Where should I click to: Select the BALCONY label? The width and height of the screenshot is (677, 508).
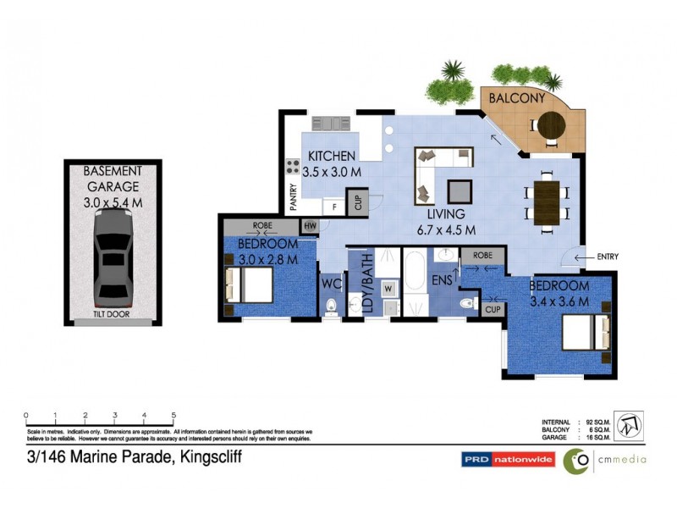tap(514, 98)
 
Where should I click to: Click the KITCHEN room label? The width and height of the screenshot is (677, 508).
tap(332, 157)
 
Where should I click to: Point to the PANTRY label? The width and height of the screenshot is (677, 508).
tap(294, 197)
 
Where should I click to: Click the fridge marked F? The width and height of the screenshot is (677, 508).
tap(334, 205)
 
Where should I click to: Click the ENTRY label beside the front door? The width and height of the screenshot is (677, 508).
tap(608, 257)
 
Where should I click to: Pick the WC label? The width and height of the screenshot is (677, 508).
tap(330, 283)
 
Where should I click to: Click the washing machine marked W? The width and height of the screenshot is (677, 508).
tap(388, 288)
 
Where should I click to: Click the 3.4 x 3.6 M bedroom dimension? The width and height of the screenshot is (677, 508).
tap(559, 300)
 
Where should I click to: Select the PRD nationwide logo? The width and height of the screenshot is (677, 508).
tap(508, 460)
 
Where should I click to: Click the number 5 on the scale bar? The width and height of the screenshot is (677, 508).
tap(173, 415)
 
